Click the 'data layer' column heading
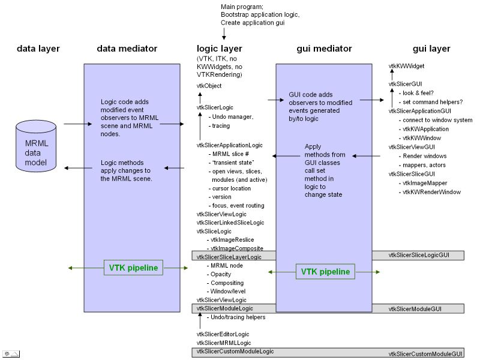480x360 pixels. (38, 49)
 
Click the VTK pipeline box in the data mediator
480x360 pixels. (134, 268)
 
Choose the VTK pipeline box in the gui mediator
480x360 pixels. (325, 271)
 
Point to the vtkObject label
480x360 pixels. (209, 86)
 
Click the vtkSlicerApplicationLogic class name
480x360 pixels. (229, 145)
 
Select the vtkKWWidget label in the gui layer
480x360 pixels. (407, 65)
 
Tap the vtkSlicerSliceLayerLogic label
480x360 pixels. (229, 257)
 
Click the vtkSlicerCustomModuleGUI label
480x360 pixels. (426, 354)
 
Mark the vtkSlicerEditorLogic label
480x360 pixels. (223, 334)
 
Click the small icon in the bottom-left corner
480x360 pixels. (10, 353)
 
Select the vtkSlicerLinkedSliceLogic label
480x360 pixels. (230, 223)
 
